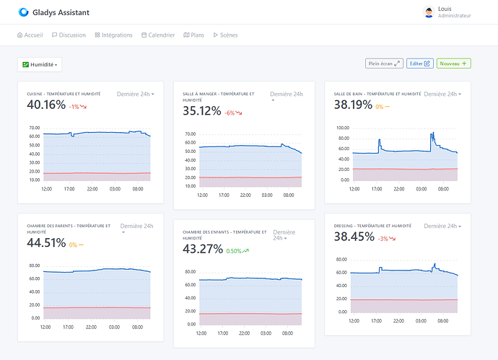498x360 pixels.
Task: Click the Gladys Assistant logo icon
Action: click(24, 12)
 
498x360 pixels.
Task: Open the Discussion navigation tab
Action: click(69, 35)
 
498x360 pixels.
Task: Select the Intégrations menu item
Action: click(113, 35)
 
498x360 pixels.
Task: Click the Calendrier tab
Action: click(158, 35)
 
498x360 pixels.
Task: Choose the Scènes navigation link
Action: click(225, 35)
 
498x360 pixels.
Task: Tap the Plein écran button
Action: click(384, 63)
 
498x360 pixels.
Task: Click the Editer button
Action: click(419, 63)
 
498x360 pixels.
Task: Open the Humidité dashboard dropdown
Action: click(40, 64)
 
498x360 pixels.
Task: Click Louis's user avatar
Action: click(429, 12)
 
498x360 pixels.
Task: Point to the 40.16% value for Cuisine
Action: click(46, 105)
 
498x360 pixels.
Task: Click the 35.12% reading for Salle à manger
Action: click(201, 111)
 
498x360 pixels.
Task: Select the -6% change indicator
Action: click(233, 113)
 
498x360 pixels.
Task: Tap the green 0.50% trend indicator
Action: click(237, 251)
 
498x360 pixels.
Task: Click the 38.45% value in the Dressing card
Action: click(354, 237)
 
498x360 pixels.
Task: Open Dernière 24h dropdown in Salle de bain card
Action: click(442, 94)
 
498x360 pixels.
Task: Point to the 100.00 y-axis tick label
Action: click(343, 128)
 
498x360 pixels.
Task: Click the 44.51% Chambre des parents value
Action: click(46, 243)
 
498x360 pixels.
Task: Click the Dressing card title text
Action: click(372, 226)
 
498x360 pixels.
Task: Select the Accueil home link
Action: click(30, 35)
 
